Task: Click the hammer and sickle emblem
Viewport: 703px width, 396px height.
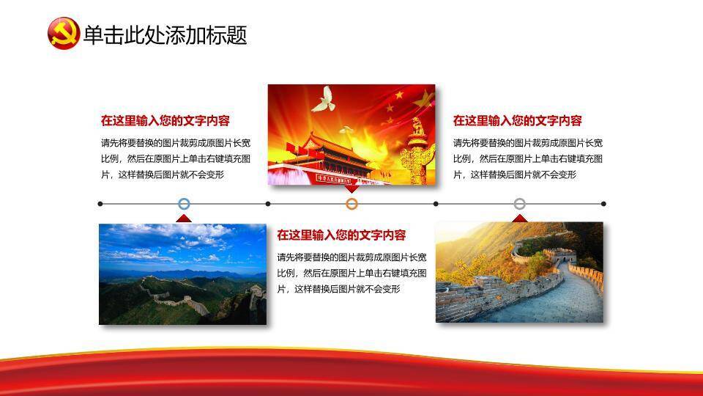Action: [64, 33]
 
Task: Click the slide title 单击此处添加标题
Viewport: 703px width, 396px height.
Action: [165, 35]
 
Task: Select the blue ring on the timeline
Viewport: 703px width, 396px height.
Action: [184, 204]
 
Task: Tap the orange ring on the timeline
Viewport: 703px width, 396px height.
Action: [352, 204]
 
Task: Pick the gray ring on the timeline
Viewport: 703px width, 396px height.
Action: [520, 204]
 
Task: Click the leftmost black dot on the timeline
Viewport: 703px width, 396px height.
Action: [100, 204]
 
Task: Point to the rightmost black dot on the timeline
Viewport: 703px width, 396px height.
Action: [603, 204]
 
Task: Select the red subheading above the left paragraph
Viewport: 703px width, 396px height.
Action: [165, 120]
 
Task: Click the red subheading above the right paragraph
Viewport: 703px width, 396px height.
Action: [517, 120]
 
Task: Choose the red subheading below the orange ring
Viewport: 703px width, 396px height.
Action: [341, 235]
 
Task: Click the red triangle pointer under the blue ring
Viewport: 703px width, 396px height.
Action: [184, 219]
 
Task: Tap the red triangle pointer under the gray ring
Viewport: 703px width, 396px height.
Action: [520, 219]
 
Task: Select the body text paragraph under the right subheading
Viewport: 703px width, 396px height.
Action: [528, 159]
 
